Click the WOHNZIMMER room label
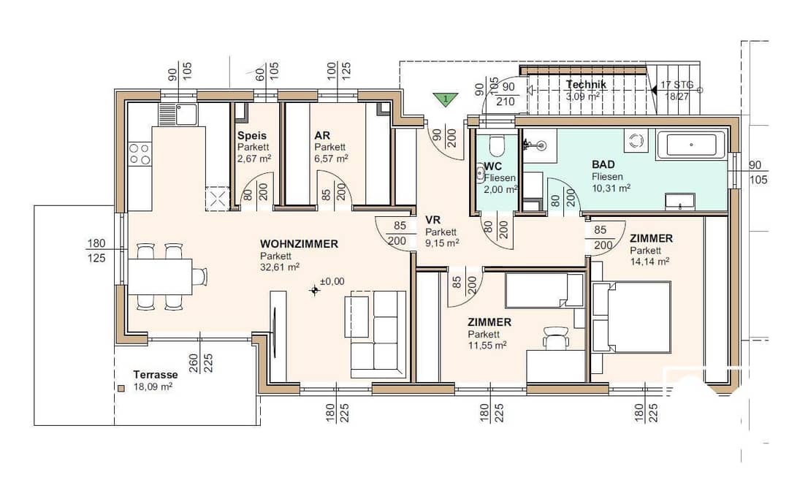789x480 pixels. point(299,244)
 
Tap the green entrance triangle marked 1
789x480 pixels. point(446,99)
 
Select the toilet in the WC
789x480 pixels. point(496,145)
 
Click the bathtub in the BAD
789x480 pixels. point(691,145)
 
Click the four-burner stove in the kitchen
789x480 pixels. point(140,153)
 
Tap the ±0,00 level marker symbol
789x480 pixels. point(315,290)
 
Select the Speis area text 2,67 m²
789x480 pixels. point(254,159)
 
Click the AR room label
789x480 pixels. point(322,135)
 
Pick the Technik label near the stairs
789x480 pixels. point(586,85)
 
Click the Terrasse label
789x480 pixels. point(156,375)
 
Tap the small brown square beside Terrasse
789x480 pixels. point(121,389)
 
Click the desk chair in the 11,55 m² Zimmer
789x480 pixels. point(555,337)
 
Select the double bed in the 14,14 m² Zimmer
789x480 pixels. point(631,316)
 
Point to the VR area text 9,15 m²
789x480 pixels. point(442,243)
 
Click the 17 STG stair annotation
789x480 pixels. point(676,85)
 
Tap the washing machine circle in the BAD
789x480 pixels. point(637,140)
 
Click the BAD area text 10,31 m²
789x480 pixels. point(611,188)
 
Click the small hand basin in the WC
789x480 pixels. point(479,175)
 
